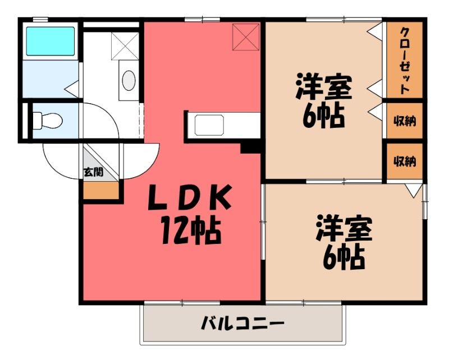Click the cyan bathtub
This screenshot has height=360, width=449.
51,41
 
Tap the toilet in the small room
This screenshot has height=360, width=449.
47,121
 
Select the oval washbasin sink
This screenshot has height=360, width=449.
129,80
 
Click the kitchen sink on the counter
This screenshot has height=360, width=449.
209,125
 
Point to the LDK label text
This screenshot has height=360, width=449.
189,197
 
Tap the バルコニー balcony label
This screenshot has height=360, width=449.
242,324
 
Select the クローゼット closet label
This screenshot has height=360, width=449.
404,61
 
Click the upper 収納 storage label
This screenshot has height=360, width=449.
405,121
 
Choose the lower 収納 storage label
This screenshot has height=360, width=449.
405,161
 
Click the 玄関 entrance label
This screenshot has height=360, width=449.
93,172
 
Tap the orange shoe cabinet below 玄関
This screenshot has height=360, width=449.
101,190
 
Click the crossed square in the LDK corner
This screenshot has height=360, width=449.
246,37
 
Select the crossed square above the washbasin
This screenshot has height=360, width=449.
125,46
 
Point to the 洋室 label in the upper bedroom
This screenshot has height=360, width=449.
324,86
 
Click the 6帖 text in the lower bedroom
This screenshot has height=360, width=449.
343,257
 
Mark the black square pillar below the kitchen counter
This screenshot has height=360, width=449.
250,148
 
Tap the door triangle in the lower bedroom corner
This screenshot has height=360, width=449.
414,191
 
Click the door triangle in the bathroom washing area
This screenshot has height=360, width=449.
72,89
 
